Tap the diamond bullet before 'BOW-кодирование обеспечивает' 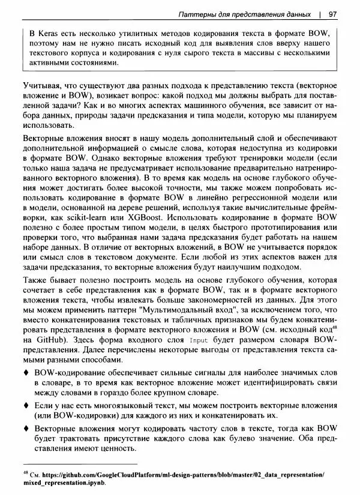pos(25,374)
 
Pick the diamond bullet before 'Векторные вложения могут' pos(25,429)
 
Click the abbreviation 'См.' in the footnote pos(36,475)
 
